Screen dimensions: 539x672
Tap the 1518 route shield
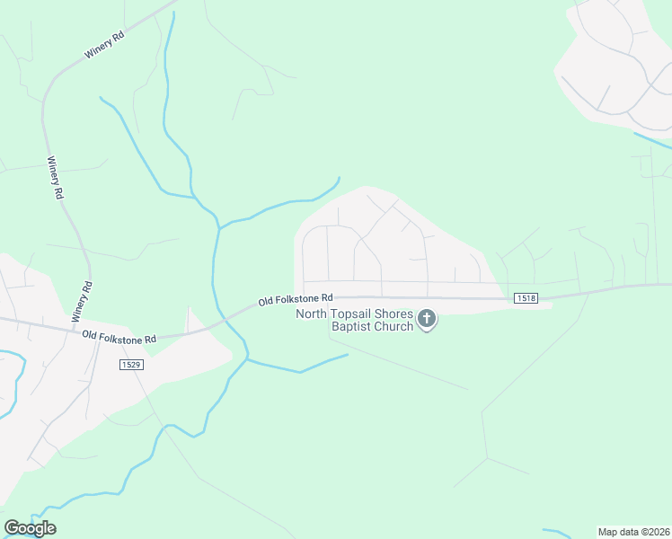point(526,298)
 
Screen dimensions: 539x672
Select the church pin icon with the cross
point(428,319)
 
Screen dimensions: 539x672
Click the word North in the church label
point(314,314)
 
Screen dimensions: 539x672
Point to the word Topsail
point(362,314)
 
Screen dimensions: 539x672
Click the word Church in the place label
point(392,326)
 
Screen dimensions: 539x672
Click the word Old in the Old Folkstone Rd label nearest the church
point(267,302)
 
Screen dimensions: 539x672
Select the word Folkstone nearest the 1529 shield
point(123,337)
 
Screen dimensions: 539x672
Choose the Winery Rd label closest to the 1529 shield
point(81,302)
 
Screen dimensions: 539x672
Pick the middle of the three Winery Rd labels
point(55,178)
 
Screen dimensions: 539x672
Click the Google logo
point(31,527)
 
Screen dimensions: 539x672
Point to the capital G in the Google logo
point(13,527)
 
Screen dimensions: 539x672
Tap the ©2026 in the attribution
point(656,532)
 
